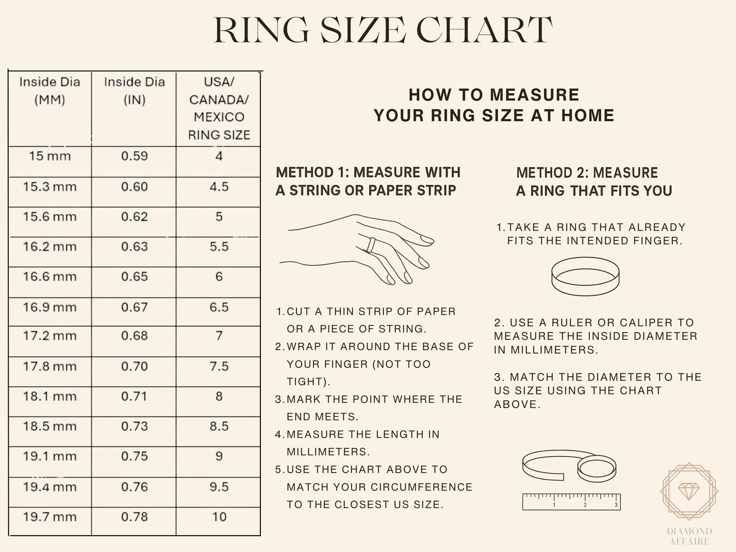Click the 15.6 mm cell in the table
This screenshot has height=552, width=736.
[49, 217]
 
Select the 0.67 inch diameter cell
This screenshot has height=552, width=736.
[134, 307]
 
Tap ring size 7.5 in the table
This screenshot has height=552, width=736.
[219, 366]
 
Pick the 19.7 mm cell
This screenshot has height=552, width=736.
[49, 517]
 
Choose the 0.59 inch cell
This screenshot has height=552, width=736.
[134, 156]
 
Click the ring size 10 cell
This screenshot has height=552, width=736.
[219, 517]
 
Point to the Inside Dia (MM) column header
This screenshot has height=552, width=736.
[49, 91]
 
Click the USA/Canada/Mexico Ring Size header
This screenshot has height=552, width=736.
[219, 108]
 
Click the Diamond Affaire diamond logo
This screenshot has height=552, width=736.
[689, 491]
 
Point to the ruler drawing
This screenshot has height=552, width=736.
[571, 501]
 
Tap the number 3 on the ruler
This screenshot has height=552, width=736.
[616, 505]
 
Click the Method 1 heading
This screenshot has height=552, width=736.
[367, 181]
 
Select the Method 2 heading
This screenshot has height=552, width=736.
[593, 182]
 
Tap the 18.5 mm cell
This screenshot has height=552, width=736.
[49, 426]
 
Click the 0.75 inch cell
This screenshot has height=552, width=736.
[134, 456]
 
